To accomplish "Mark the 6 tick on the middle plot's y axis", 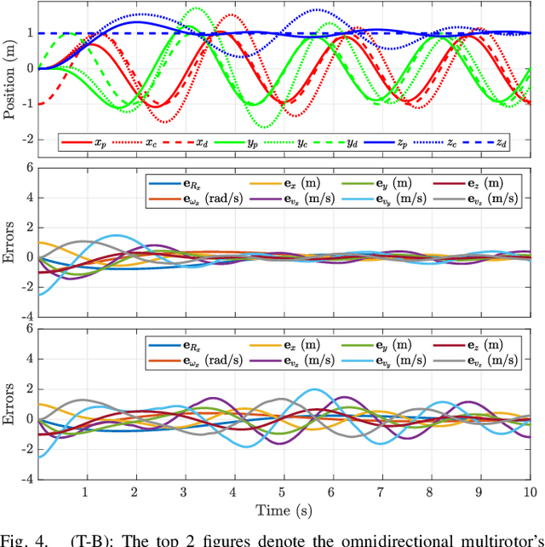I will point(30,168).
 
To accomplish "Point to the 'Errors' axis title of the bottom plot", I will point(9,403).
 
